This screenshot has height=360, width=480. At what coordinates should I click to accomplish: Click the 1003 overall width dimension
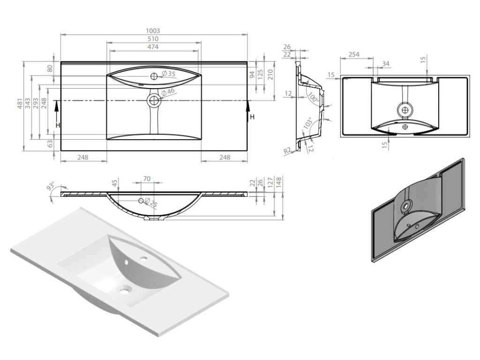[x=154, y=30]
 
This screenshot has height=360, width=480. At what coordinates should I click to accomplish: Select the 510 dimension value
[x=154, y=38]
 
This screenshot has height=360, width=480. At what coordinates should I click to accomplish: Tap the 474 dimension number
[x=154, y=47]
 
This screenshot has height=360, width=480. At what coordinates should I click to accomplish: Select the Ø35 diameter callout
[x=168, y=74]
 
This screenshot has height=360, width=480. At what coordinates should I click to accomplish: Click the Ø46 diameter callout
[x=168, y=91]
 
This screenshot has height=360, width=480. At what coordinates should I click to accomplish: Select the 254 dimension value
[x=354, y=55]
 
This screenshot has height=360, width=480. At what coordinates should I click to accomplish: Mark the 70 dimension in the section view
[x=146, y=179]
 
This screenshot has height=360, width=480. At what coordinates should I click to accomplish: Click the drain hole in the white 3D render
[x=124, y=292]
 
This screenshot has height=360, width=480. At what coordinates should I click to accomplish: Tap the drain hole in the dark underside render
[x=407, y=205]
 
